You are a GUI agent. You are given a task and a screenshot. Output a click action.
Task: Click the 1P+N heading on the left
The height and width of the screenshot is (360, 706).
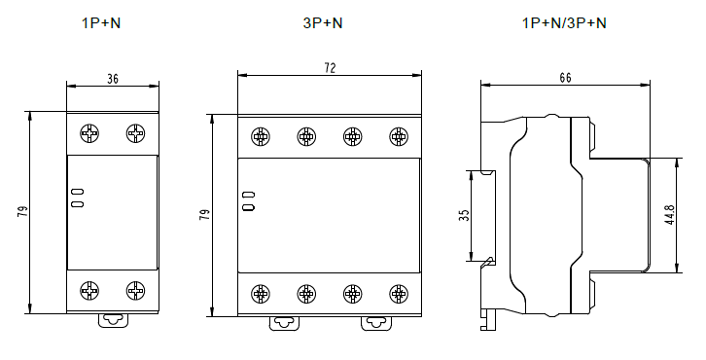tap(101, 23)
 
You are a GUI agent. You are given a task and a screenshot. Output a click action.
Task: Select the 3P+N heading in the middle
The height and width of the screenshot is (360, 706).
tap(323, 23)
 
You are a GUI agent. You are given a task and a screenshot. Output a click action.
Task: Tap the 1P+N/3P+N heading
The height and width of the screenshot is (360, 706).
tap(564, 23)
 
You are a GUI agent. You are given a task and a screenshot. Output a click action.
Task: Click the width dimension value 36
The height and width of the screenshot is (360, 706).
tap(113, 79)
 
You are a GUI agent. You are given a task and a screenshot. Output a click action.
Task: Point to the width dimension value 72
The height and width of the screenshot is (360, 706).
tap(330, 67)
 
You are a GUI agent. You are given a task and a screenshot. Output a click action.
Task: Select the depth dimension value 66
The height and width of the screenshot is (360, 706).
tap(566, 78)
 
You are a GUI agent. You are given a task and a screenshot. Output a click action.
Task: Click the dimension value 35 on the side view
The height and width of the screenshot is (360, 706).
tap(465, 215)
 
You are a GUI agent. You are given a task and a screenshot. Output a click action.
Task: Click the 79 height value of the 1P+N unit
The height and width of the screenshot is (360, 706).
tap(22, 212)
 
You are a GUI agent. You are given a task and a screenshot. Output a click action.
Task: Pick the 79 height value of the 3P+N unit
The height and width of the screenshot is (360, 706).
tap(205, 214)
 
